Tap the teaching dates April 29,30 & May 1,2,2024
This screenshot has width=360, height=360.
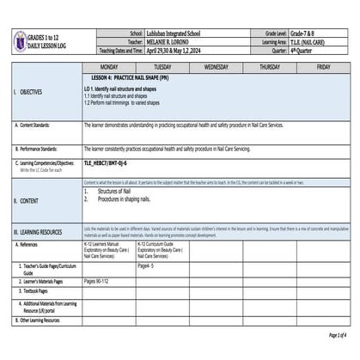tap(168, 49)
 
